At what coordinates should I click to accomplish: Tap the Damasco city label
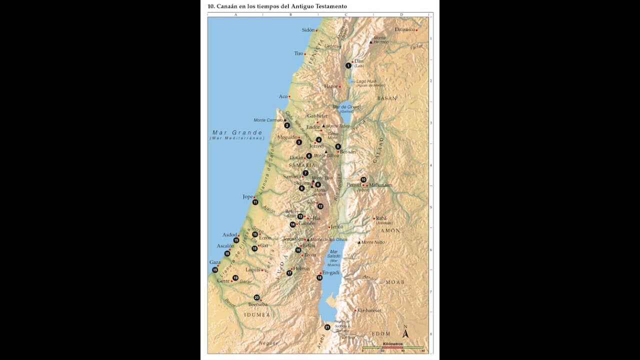click(x=404, y=29)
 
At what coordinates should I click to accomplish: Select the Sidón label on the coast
click(x=308, y=30)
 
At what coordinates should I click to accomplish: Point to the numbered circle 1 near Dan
click(x=348, y=65)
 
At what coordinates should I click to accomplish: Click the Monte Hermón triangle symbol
click(x=370, y=42)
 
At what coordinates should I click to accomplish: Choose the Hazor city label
click(x=330, y=86)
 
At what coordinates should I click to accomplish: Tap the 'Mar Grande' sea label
click(x=237, y=133)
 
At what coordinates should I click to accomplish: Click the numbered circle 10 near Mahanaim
click(x=363, y=179)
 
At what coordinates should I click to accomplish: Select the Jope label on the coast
click(x=248, y=196)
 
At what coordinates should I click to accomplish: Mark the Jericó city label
click(x=337, y=226)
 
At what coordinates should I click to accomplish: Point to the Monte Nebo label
click(x=372, y=242)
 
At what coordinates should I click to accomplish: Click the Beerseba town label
click(x=257, y=304)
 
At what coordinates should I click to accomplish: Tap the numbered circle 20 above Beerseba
click(x=256, y=297)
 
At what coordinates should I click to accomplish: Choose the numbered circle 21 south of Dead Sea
click(x=327, y=327)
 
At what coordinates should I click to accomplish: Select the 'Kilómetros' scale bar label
click(x=392, y=343)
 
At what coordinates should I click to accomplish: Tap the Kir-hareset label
click(x=369, y=310)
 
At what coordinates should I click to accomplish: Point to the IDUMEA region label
click(x=257, y=315)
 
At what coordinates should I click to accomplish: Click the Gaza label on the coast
click(x=214, y=262)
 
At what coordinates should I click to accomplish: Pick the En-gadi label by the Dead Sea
click(x=331, y=272)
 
